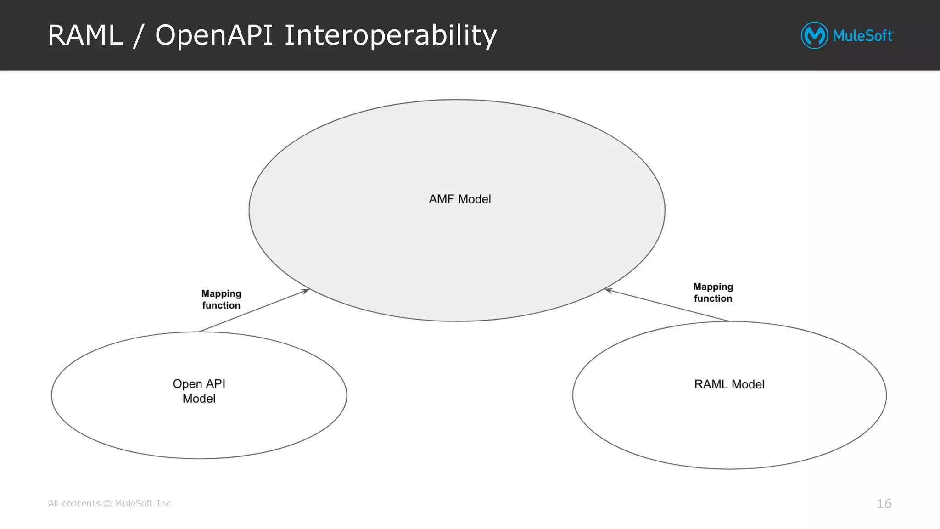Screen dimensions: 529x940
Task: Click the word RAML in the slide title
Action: pos(85,35)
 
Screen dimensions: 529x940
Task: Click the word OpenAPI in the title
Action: pos(214,35)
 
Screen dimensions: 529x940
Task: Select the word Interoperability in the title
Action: pos(390,35)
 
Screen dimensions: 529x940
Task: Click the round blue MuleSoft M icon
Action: pos(815,35)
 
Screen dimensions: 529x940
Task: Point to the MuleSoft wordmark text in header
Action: pos(862,36)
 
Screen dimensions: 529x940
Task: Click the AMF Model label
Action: pos(459,199)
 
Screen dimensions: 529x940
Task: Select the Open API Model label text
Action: pos(199,391)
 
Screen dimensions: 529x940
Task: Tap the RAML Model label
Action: pos(729,384)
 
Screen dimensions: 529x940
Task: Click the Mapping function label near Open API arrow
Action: pos(221,299)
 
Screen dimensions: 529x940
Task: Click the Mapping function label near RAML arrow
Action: pos(713,293)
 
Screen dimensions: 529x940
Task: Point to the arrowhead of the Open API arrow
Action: pos(307,290)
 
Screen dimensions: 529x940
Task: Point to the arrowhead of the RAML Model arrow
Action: pos(608,290)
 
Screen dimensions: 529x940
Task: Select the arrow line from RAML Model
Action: pos(668,305)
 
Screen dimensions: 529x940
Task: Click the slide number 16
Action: pos(884,504)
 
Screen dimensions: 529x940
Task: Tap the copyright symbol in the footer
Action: pos(107,504)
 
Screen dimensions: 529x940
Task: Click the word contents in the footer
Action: pos(81,504)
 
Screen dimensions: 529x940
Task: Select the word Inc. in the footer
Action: pos(165,504)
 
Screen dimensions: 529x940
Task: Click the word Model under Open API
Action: pos(199,399)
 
